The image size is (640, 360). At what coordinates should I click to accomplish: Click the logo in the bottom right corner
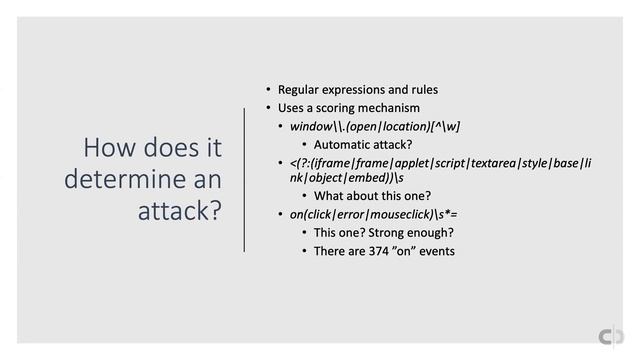tap(607, 332)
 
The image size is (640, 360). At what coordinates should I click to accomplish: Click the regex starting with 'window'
tap(374, 126)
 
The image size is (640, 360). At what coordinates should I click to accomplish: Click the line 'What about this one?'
tap(372, 195)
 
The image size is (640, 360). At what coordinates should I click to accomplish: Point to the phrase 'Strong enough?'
tap(398, 232)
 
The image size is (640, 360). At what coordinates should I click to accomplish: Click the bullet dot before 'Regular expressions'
tap(268, 90)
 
